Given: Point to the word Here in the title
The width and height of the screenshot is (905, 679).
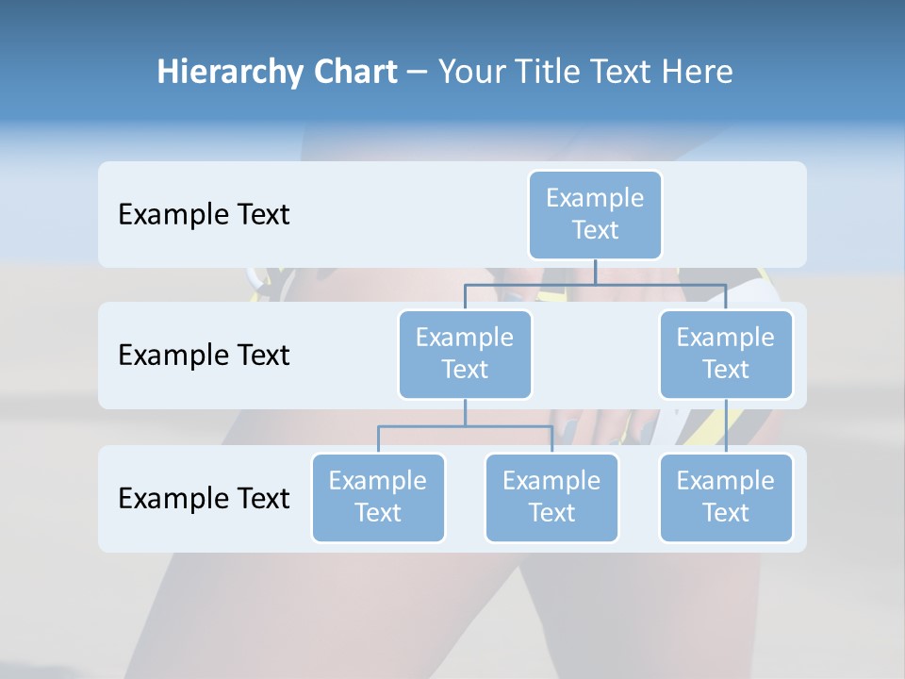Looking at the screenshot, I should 699,72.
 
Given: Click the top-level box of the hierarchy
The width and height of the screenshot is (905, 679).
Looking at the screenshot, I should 595,214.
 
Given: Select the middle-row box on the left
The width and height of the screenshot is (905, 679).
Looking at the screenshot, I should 465,354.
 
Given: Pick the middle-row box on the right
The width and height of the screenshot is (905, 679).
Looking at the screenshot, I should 726,354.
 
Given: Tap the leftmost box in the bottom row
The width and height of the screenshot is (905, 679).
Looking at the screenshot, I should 378,497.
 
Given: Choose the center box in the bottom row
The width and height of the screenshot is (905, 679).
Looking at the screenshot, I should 551,497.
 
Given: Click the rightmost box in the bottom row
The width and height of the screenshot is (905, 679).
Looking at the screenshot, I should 726,497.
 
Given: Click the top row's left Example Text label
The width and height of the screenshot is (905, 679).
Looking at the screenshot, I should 204,215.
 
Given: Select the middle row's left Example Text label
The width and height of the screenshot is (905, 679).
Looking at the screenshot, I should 204,356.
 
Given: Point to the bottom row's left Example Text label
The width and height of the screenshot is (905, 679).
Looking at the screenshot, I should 204,498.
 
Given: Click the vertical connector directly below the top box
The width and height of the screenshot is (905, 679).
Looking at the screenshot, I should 595,272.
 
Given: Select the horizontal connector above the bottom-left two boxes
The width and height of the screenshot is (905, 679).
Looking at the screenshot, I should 465,426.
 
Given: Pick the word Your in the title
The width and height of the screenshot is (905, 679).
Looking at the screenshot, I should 469,72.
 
